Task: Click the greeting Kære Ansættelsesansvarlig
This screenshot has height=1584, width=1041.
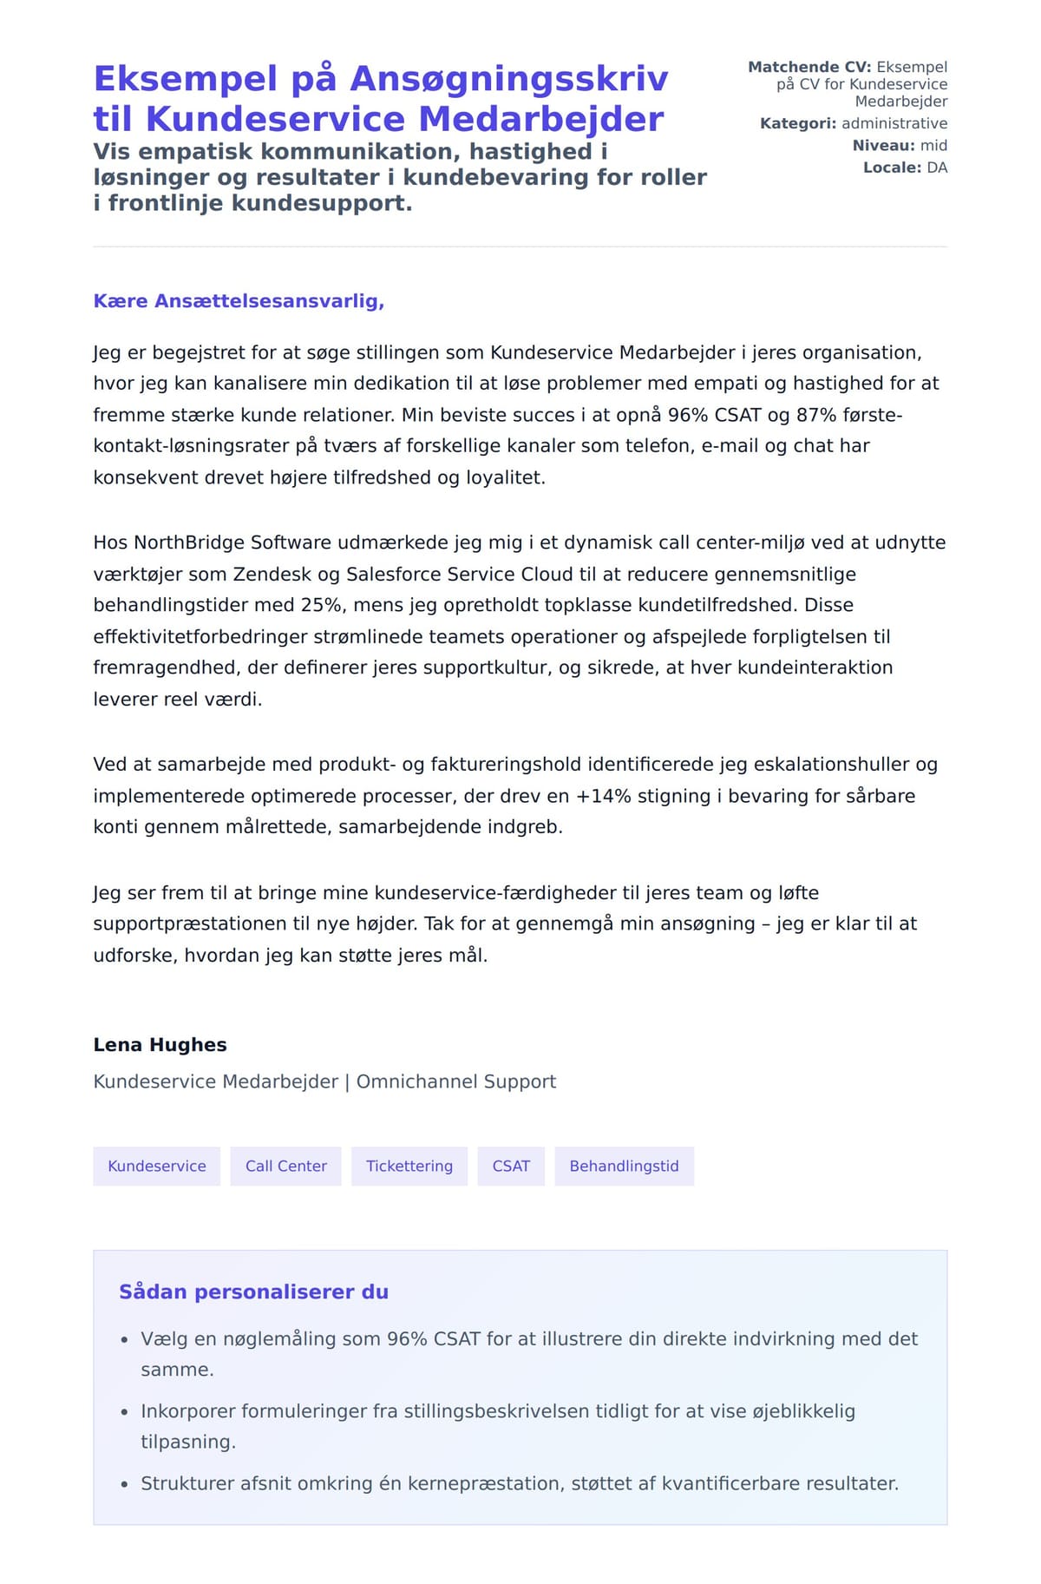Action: point(239,301)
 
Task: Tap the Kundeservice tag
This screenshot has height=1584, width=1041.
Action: point(157,1166)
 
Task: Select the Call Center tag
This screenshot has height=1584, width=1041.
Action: point(285,1166)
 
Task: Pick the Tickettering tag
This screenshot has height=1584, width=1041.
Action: point(409,1166)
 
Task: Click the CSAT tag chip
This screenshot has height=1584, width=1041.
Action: point(511,1166)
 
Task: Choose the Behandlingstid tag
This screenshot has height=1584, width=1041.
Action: point(624,1166)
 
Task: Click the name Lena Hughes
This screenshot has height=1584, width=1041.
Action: point(160,1044)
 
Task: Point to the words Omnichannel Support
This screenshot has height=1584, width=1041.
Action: point(456,1081)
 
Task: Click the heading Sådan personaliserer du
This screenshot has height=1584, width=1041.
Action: point(253,1292)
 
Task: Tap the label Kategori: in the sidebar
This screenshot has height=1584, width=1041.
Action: point(798,123)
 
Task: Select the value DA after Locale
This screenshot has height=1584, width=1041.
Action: point(937,168)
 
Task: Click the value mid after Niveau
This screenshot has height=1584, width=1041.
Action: point(933,146)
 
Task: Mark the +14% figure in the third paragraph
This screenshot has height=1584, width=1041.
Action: point(604,796)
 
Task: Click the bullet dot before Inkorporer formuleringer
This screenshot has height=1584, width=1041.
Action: point(125,1412)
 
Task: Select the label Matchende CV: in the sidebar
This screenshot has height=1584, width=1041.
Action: point(809,67)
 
